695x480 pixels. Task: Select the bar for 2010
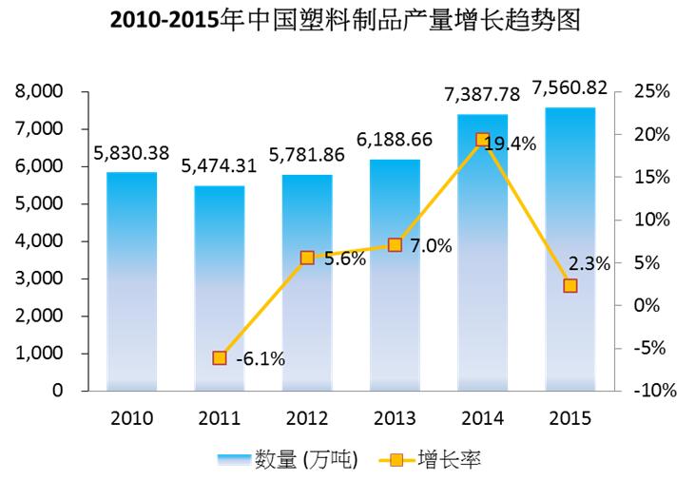(131, 280)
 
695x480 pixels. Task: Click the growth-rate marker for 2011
(220, 357)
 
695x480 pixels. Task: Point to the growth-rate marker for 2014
(482, 140)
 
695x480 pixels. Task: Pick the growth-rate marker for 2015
(570, 285)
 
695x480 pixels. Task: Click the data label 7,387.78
(482, 95)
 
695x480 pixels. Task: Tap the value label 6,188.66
(395, 140)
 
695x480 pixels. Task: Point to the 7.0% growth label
(431, 246)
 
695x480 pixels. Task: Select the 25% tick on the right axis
(651, 92)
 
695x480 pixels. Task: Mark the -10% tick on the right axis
(651, 391)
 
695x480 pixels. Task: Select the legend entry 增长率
(448, 460)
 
